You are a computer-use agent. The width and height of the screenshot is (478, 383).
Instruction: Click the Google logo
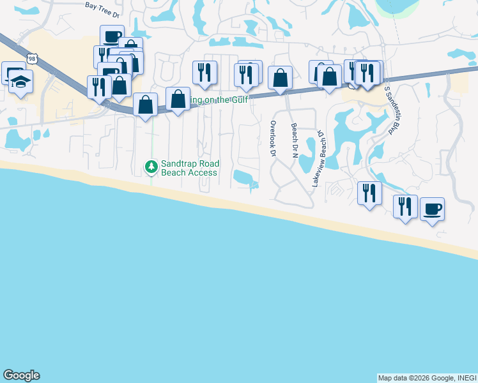21,375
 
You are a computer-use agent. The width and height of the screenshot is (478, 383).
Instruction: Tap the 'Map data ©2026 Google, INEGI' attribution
426,378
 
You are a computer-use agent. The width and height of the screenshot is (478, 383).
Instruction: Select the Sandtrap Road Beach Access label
189,168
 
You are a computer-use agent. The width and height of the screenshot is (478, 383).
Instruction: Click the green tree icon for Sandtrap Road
151,167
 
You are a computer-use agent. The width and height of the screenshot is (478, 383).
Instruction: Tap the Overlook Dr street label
273,139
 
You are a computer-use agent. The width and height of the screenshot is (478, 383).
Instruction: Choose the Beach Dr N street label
294,141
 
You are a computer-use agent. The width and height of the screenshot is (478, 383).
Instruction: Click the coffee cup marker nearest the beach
432,209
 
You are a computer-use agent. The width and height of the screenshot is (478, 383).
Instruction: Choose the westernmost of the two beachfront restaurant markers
369,193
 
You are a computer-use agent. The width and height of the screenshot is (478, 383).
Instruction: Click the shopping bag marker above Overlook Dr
280,78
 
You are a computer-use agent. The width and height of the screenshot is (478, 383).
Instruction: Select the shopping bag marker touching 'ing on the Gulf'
178,99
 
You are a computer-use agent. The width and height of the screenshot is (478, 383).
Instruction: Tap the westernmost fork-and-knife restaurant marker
99,86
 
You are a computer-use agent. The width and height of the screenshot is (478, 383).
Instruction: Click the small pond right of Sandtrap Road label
244,176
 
